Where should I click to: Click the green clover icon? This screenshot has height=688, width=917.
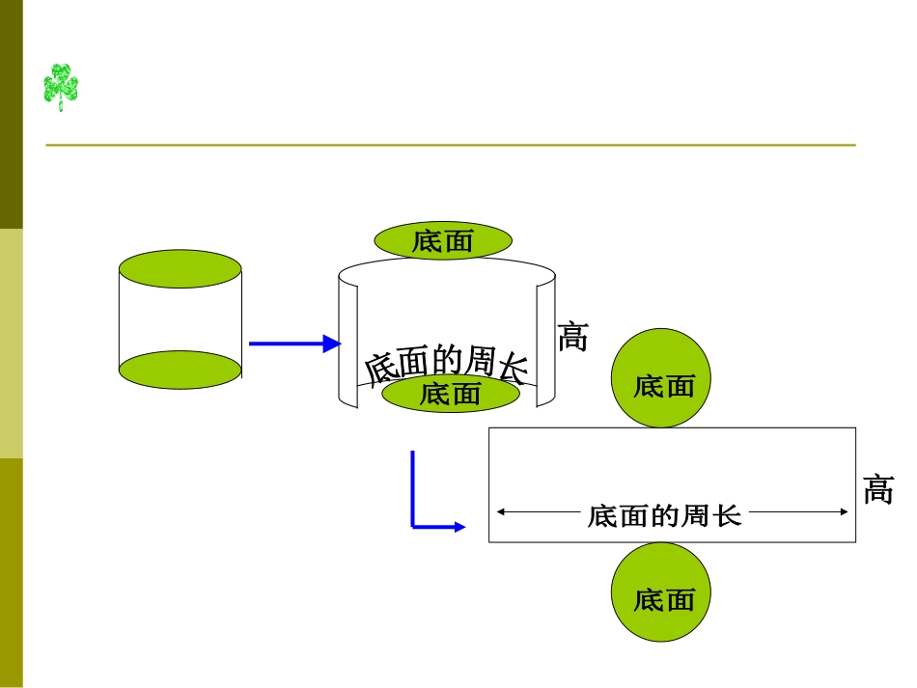60,87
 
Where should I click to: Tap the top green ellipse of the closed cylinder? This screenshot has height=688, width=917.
180,269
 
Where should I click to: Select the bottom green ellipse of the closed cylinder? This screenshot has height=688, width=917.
180,370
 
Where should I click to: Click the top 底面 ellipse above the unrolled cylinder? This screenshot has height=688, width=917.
443,240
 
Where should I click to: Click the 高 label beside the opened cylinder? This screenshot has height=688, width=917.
572,337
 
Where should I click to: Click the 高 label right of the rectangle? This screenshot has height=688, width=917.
878,490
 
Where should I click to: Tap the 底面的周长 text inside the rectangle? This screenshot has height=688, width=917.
664,515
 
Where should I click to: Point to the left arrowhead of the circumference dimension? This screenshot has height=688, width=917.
502,513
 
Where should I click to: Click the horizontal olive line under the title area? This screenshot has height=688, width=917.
450,146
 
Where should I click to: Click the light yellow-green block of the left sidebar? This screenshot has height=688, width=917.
11,343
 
